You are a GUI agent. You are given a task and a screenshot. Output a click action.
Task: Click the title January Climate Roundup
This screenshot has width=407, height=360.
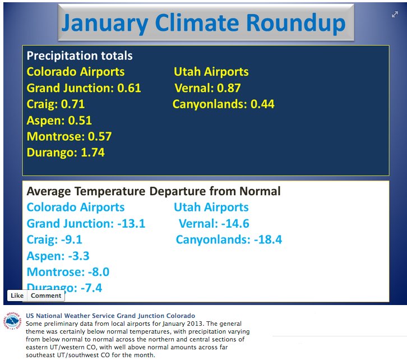pos(203,23)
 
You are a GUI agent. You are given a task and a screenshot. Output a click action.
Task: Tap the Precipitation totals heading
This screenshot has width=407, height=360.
pos(80,56)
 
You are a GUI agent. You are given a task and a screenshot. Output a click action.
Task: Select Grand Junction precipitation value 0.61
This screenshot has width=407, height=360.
pos(129,88)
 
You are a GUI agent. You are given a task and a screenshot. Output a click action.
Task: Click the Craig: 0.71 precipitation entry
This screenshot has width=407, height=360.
pos(55,104)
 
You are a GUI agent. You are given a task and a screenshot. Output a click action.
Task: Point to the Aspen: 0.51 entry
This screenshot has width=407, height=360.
pos(59,121)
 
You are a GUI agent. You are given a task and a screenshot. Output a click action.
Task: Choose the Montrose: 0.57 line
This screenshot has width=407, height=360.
pos(69,136)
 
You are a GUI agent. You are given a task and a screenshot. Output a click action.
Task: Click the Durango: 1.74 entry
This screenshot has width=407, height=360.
pos(66,153)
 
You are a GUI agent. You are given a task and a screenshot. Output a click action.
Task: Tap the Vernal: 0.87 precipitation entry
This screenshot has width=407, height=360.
pos(207,88)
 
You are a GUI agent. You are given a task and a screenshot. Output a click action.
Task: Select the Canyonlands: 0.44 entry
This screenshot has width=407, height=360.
pos(223,104)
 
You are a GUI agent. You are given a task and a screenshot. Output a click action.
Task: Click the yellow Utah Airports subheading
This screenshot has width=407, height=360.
pos(211,72)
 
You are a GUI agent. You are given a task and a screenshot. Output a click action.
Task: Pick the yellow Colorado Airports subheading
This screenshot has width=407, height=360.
pos(76,72)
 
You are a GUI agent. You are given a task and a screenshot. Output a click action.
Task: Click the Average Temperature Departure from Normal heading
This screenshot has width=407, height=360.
pos(154,191)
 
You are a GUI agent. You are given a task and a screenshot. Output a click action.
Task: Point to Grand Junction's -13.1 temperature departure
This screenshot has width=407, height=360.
pos(131,224)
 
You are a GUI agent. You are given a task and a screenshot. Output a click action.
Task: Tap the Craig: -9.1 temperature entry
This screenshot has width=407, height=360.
pos(54,240)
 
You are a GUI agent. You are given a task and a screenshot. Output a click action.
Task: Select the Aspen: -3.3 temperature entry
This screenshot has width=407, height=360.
pos(58,256)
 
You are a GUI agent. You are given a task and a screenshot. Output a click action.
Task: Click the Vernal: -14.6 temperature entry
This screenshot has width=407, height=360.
pos(214,224)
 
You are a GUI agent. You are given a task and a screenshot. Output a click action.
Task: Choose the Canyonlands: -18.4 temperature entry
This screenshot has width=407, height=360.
pos(229,240)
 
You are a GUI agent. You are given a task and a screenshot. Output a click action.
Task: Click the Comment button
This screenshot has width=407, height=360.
pos(45,296)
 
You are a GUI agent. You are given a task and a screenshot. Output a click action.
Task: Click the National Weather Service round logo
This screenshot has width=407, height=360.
pos(12,322)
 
